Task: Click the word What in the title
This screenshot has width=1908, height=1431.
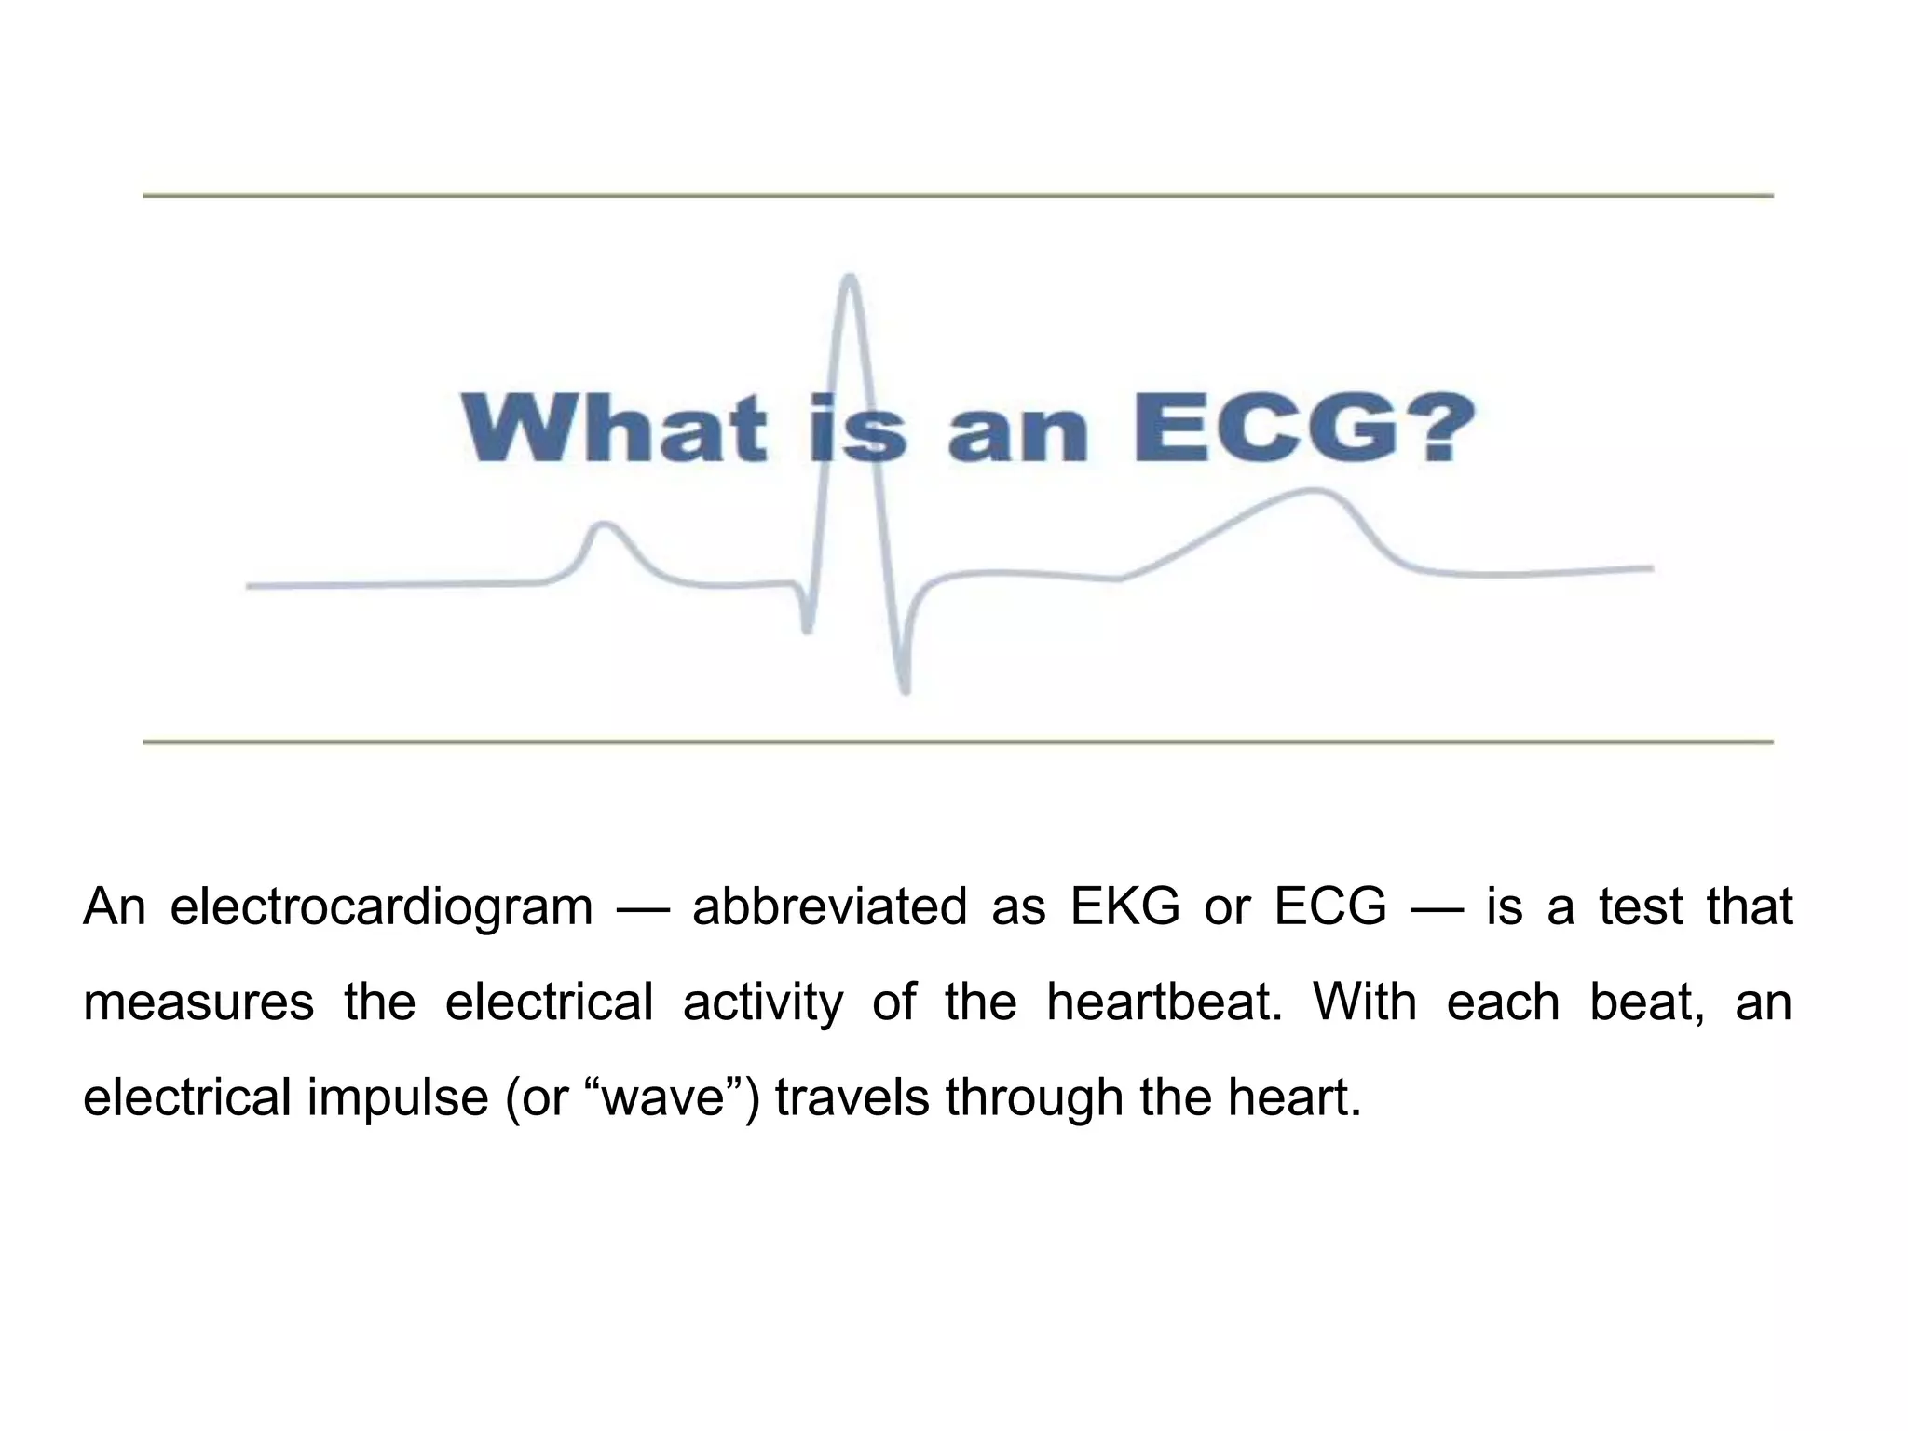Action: coord(614,428)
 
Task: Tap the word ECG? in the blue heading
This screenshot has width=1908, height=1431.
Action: coord(1304,428)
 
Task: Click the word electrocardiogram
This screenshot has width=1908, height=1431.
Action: coord(381,906)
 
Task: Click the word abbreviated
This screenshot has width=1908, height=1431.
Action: coord(829,906)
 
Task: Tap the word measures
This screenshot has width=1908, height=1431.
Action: coord(198,1002)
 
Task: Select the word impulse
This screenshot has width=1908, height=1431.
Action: coord(398,1098)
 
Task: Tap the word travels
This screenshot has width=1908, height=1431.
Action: coord(852,1097)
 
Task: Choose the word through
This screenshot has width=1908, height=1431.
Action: coord(1034,1098)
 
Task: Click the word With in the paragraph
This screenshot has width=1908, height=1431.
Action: coord(1365,1002)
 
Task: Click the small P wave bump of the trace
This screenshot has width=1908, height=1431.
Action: coord(605,525)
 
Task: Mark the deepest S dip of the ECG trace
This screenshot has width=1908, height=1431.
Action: coord(905,689)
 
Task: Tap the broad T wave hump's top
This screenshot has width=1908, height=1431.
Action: coord(1314,491)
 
